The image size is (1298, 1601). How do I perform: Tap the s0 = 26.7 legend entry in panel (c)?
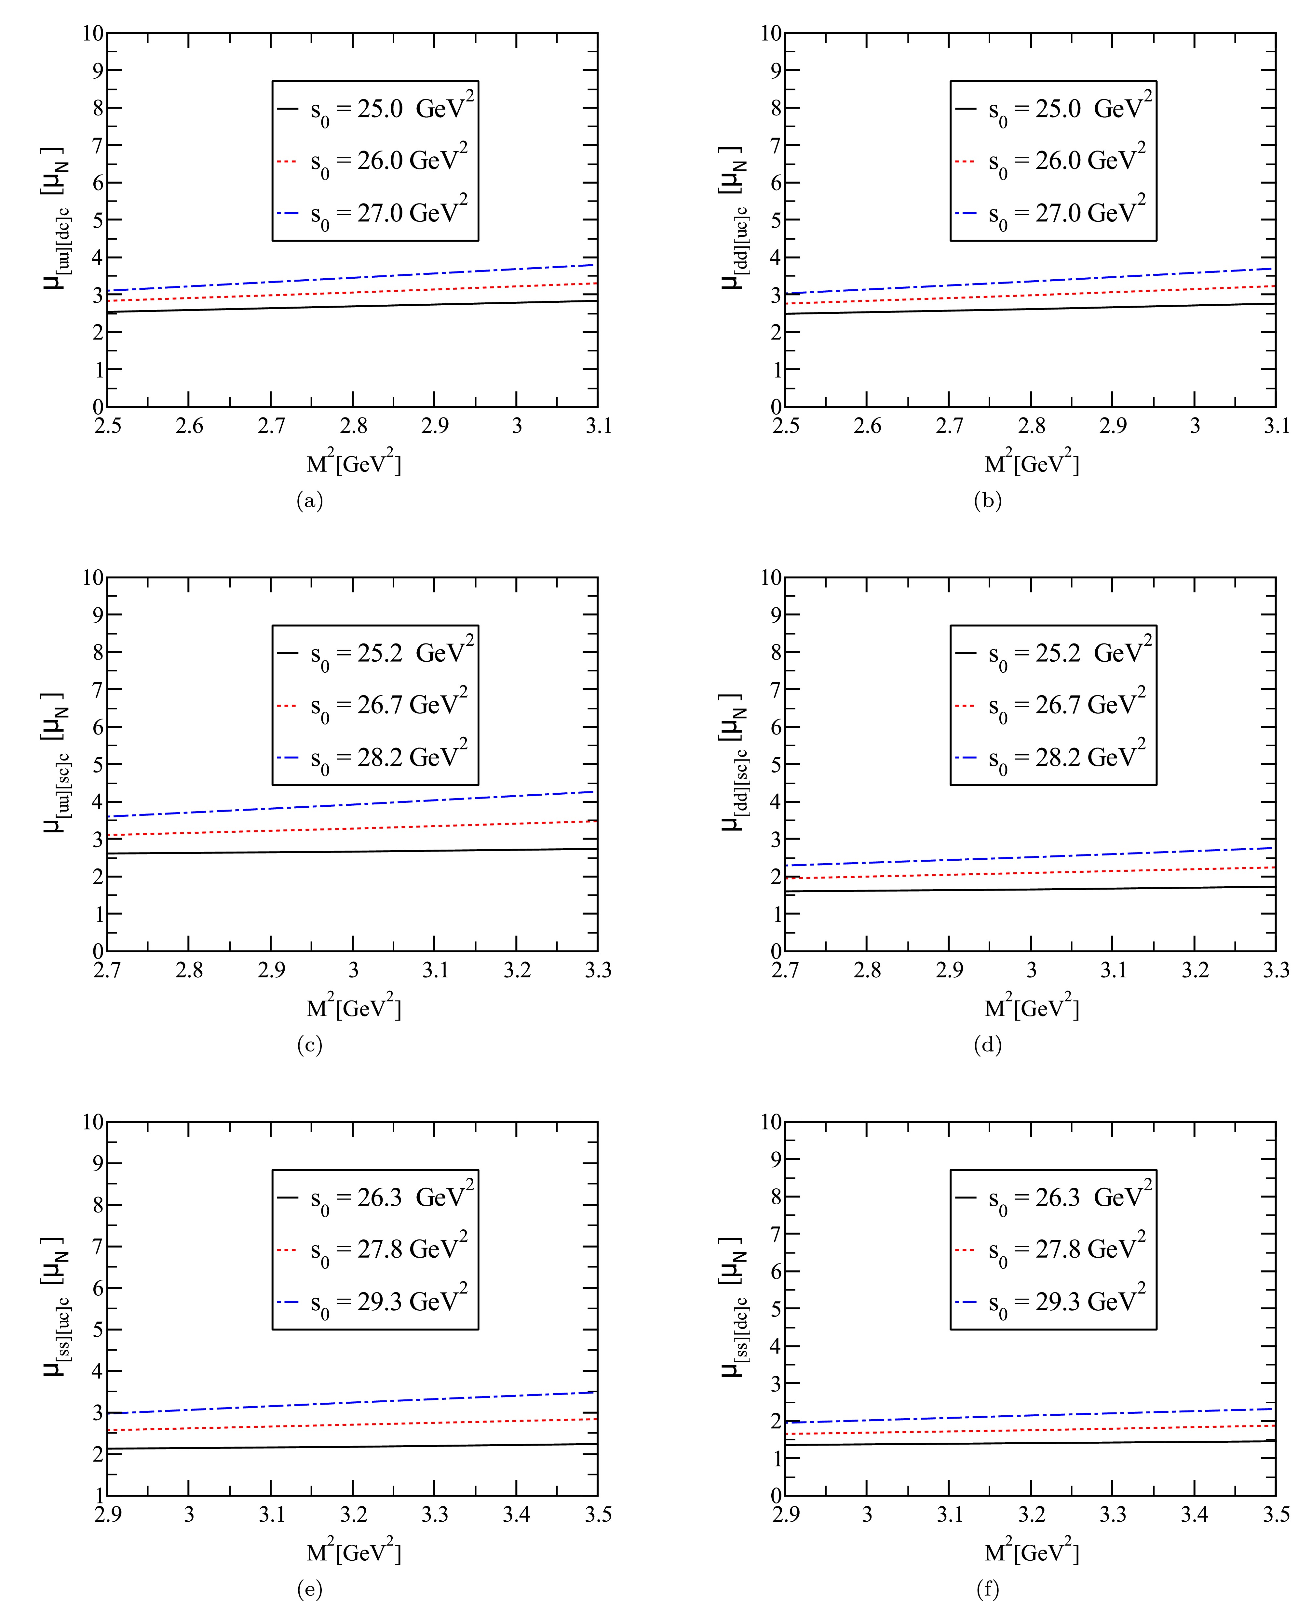[374, 706]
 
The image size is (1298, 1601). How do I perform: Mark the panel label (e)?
[310, 1589]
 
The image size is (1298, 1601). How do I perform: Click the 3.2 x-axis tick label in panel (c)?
[517, 970]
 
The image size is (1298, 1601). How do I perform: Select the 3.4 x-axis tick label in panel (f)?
[1195, 1514]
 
